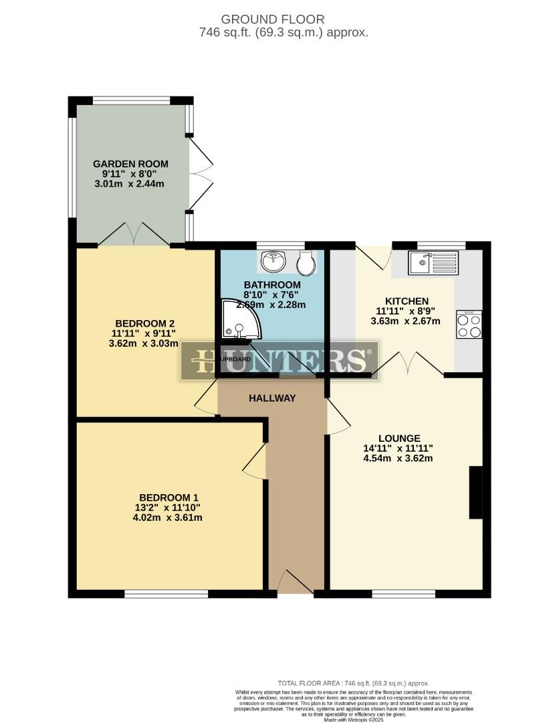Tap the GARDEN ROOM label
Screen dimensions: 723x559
pyautogui.click(x=130, y=164)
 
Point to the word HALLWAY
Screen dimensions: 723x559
pyautogui.click(x=272, y=398)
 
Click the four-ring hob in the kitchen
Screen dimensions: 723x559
pyautogui.click(x=469, y=325)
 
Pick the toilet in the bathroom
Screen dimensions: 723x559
pyautogui.click(x=307, y=263)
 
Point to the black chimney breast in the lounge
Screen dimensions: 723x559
pyautogui.click(x=475, y=492)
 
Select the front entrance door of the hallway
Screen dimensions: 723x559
pyautogui.click(x=295, y=581)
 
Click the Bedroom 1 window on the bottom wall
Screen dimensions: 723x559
pyautogui.click(x=166, y=593)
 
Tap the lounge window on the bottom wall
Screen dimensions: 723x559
pyautogui.click(x=403, y=593)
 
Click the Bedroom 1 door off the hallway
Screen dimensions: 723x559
pyautogui.click(x=255, y=462)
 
